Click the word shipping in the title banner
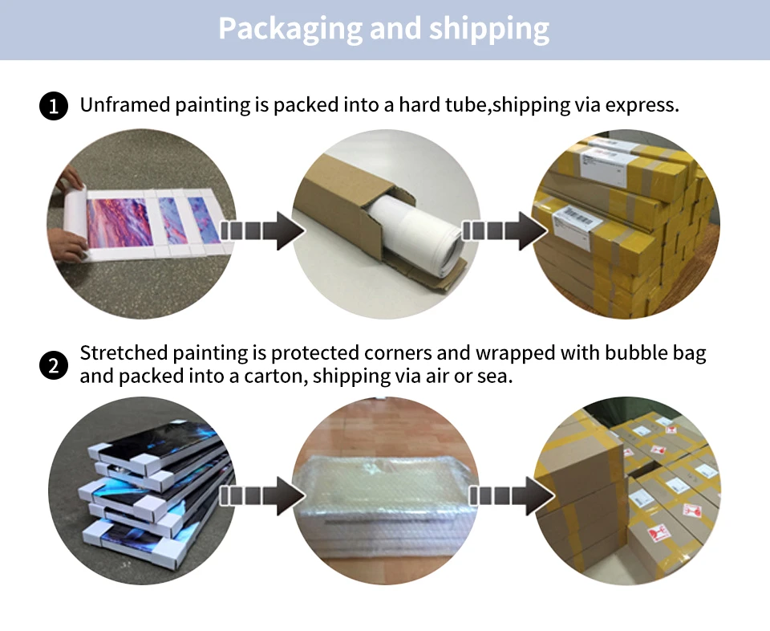coord(488,29)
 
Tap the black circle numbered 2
coord(53,366)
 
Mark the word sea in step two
coord(495,376)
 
